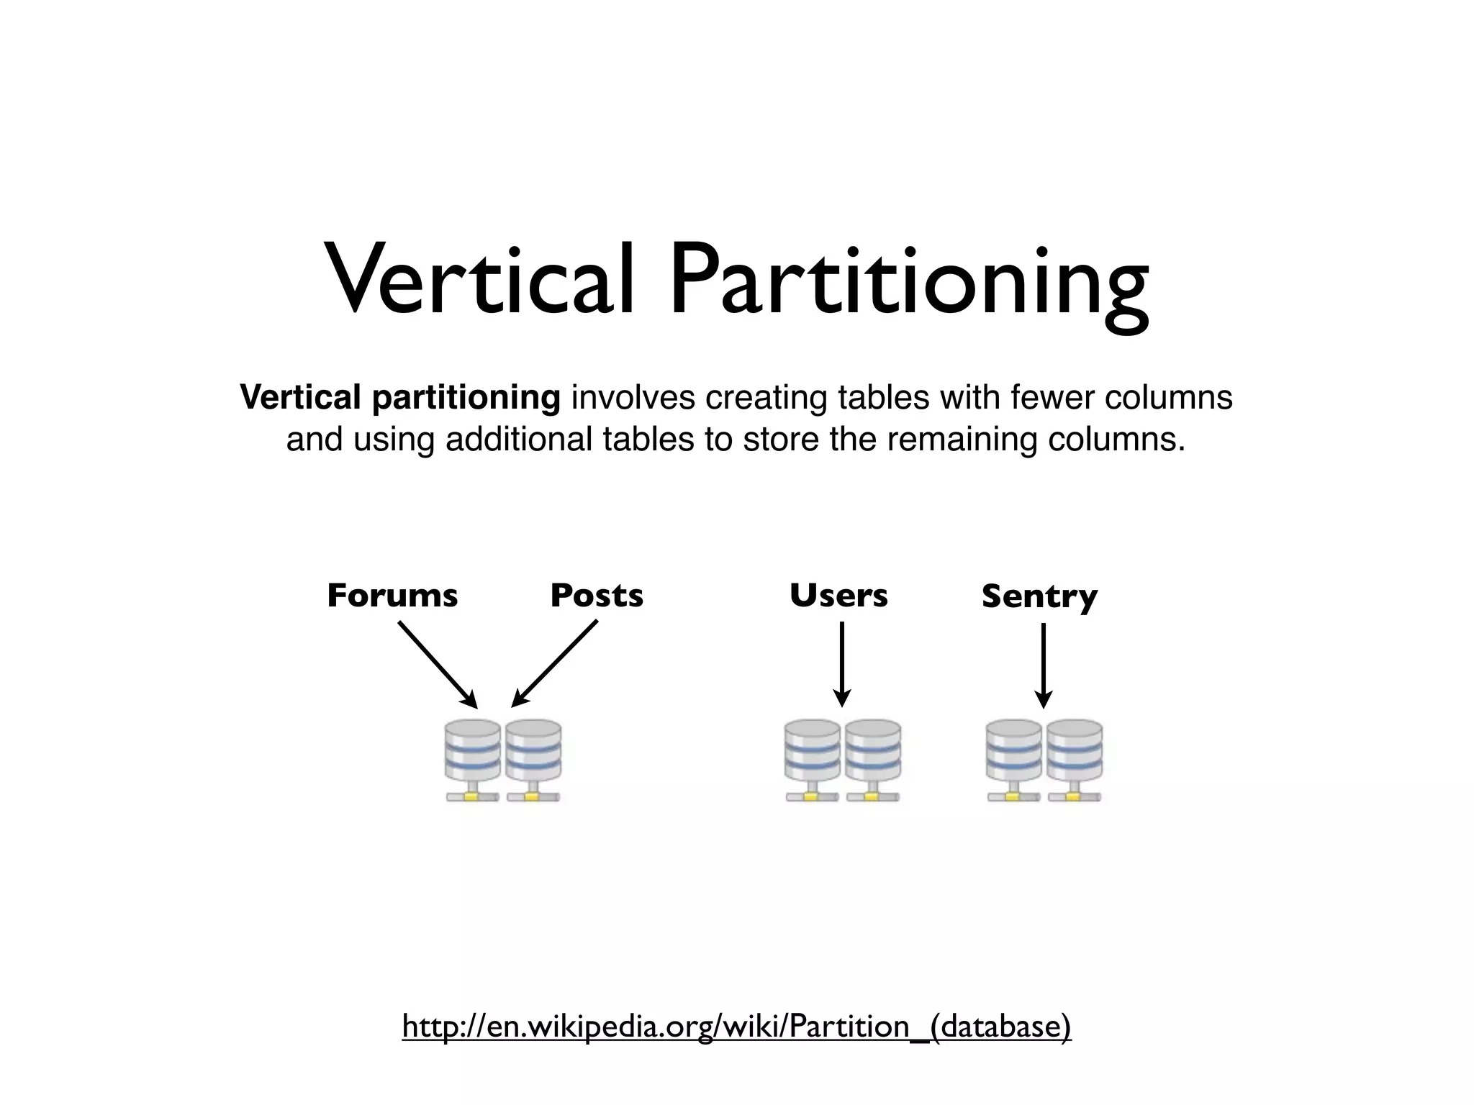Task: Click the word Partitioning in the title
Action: click(x=908, y=285)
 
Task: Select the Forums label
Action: click(x=392, y=596)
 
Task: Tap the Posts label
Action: click(x=597, y=596)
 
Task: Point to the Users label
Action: click(x=838, y=596)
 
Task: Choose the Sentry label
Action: click(x=1039, y=597)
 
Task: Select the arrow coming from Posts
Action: click(x=555, y=663)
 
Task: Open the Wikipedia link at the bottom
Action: click(x=736, y=1026)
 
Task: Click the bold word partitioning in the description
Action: click(x=466, y=399)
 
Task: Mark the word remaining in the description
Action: click(x=962, y=440)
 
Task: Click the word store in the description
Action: click(x=780, y=440)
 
